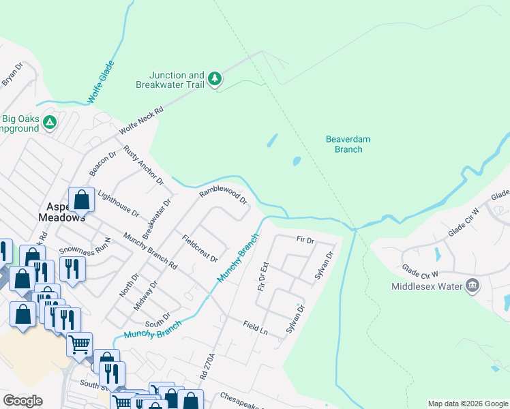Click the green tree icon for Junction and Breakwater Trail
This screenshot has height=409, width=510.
click(215, 79)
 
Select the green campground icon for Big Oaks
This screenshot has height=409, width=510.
click(49, 123)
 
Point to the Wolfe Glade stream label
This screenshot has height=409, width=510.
click(101, 87)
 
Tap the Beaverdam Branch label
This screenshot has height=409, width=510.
click(348, 144)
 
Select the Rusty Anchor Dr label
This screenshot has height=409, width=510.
click(144, 164)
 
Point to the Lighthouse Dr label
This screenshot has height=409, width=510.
click(118, 203)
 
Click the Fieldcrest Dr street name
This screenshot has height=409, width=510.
click(200, 249)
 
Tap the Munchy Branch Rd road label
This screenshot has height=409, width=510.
click(150, 251)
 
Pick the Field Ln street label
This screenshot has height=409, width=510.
click(256, 328)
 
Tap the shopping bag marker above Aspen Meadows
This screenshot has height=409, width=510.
click(81, 200)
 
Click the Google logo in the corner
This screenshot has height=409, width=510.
click(22, 401)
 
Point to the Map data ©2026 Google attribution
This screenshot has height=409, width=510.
click(467, 404)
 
